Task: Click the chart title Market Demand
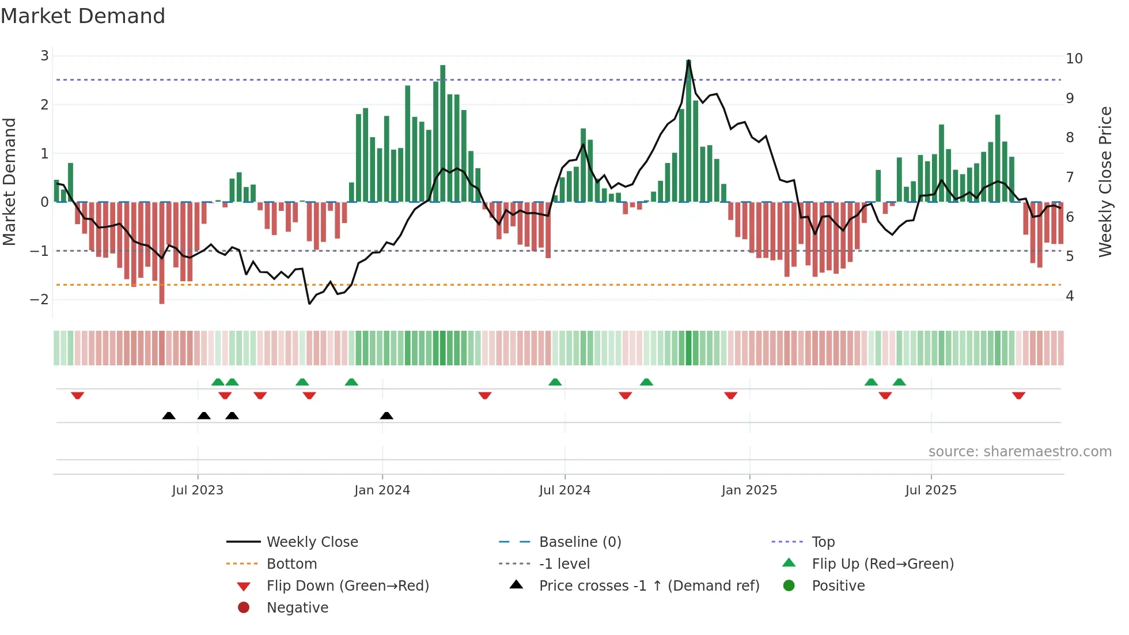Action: click(83, 16)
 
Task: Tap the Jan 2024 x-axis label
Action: click(382, 490)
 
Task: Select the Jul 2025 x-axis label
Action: click(930, 490)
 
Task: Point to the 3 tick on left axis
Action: click(44, 56)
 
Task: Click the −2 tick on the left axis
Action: click(40, 299)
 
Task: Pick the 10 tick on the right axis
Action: click(1074, 59)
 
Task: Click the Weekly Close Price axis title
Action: click(1105, 182)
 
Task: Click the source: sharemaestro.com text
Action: click(1020, 451)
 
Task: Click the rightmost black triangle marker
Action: click(387, 415)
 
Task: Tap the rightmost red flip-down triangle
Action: click(1018, 395)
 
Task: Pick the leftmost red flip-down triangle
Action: click(77, 395)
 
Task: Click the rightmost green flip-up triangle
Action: click(899, 382)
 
